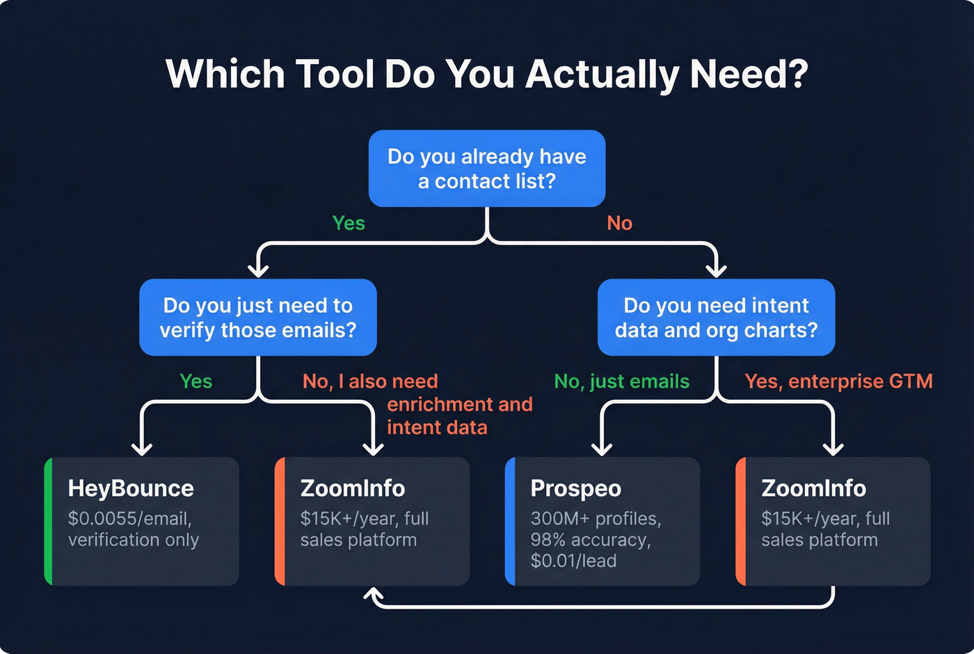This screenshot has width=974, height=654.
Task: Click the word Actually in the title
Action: pyautogui.click(x=602, y=75)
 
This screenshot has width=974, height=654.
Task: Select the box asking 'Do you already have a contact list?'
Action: pyautogui.click(x=486, y=169)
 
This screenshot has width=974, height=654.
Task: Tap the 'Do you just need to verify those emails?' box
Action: pyautogui.click(x=257, y=318)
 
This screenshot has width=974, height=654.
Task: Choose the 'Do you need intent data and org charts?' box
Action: pyautogui.click(x=716, y=318)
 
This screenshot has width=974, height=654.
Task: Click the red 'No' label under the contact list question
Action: pyautogui.click(x=619, y=223)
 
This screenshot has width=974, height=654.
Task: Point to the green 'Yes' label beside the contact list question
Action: pyautogui.click(x=349, y=223)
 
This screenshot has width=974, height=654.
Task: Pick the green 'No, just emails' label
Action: pyautogui.click(x=621, y=382)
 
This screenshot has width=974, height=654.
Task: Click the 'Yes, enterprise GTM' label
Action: pyautogui.click(x=838, y=382)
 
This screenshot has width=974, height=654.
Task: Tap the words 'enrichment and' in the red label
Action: pyautogui.click(x=459, y=405)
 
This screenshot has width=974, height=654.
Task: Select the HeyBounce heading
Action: pyautogui.click(x=131, y=488)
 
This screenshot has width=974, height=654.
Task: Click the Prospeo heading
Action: pyautogui.click(x=575, y=488)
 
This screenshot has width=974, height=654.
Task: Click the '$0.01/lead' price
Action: pyautogui.click(x=573, y=561)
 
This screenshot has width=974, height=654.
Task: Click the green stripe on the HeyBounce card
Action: pyautogui.click(x=48, y=521)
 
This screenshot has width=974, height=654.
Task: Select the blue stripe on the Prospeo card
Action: pyautogui.click(x=509, y=521)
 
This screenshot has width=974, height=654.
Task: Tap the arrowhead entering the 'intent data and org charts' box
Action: pyautogui.click(x=716, y=270)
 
